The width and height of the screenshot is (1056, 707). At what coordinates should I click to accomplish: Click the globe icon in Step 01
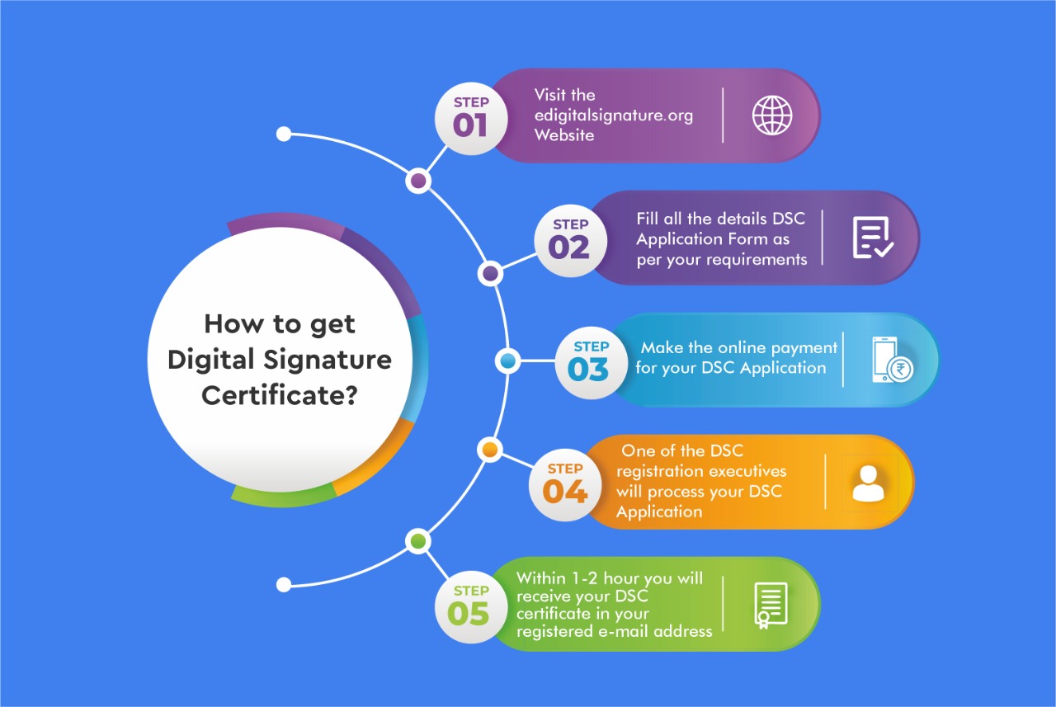click(x=772, y=115)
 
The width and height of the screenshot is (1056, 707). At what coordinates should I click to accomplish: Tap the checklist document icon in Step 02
click(x=873, y=238)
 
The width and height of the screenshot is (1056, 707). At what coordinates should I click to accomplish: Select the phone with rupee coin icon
click(x=893, y=360)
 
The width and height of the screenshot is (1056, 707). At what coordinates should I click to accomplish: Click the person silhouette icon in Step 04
click(x=869, y=483)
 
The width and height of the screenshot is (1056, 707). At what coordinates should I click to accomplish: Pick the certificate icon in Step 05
click(x=771, y=606)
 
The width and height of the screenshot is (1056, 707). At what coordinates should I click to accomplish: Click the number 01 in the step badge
click(x=470, y=126)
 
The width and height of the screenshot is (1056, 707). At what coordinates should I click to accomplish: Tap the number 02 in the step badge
click(x=569, y=247)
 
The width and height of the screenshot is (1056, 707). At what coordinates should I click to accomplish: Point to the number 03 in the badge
click(x=588, y=370)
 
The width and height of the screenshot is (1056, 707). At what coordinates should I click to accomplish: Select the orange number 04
click(x=565, y=492)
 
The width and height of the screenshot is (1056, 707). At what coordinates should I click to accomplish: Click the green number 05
click(x=468, y=614)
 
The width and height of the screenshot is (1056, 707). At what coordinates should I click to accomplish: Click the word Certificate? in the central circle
click(x=280, y=395)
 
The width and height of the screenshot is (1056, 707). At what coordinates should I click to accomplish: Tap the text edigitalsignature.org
click(x=614, y=116)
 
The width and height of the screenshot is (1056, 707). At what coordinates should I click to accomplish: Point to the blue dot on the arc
click(x=507, y=361)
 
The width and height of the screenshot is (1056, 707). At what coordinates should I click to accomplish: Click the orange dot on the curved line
click(x=490, y=450)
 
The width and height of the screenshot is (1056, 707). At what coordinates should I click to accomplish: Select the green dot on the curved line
click(x=418, y=541)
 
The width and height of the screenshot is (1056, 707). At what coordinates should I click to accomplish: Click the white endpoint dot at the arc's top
click(x=284, y=134)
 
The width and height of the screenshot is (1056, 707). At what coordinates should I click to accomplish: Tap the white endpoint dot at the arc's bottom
click(x=284, y=585)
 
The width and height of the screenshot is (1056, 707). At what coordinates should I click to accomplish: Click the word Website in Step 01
click(x=564, y=135)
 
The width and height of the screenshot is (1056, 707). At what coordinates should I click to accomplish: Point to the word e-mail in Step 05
click(x=624, y=631)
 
